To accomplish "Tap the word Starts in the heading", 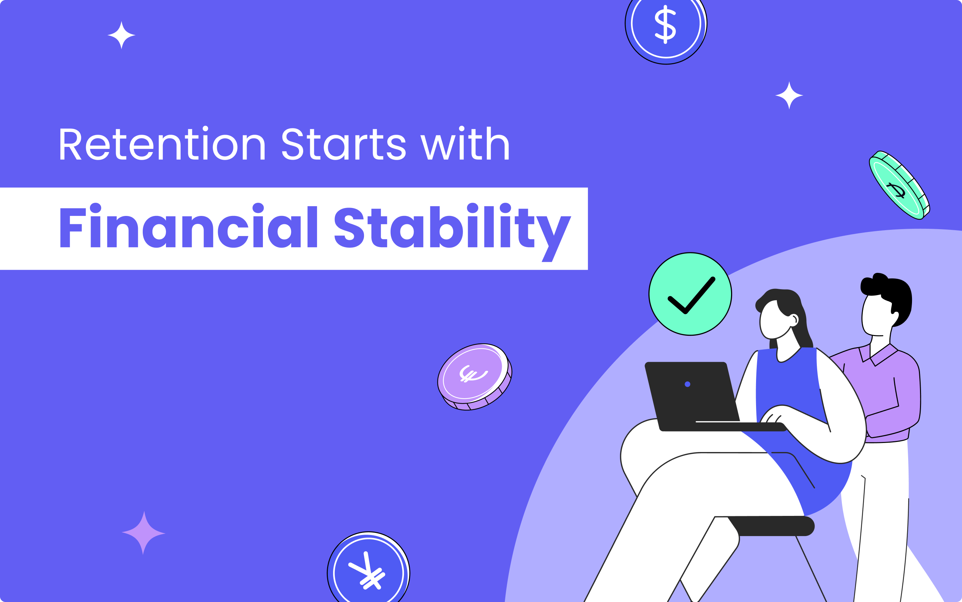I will pyautogui.click(x=343, y=144).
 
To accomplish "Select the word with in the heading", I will pyautogui.click(x=465, y=144).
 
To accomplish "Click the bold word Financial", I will pyautogui.click(x=188, y=227).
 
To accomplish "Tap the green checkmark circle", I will pyautogui.click(x=690, y=294).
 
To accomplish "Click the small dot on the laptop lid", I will pyautogui.click(x=687, y=384).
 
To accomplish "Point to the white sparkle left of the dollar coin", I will pyautogui.click(x=122, y=35).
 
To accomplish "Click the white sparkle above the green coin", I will pyautogui.click(x=789, y=95).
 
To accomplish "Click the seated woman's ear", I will pyautogui.click(x=794, y=320).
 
